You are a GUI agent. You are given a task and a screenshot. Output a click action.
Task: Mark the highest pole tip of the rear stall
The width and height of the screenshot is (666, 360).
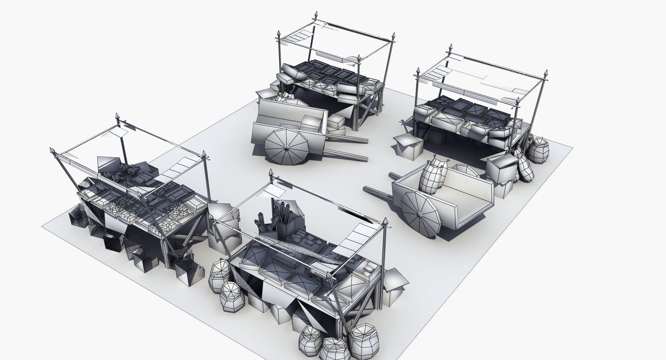click(x=316, y=16)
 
